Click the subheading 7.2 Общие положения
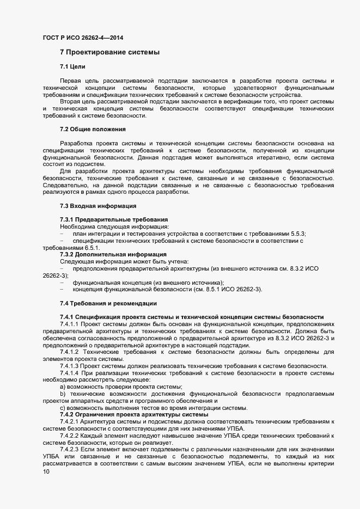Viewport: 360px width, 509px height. click(93, 129)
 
